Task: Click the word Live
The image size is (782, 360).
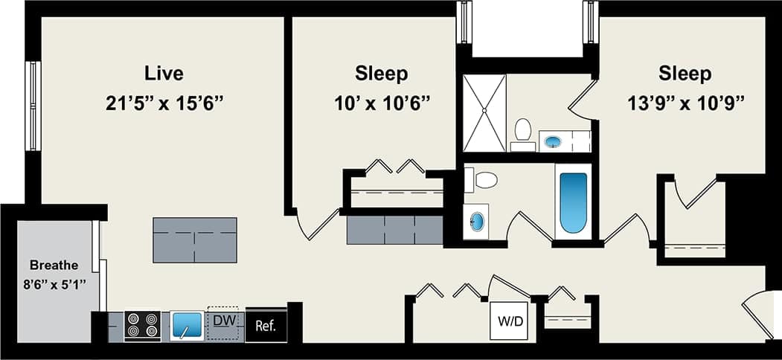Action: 164,74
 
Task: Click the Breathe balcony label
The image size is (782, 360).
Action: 54,265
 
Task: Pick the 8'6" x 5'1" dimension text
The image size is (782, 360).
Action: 54,283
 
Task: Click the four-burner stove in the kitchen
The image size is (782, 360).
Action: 142,325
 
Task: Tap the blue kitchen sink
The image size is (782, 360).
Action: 187,325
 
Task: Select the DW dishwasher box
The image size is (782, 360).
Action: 222,323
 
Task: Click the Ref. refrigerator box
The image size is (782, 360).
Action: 266,325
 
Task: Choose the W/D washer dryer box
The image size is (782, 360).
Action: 509,323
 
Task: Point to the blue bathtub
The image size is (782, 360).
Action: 573,202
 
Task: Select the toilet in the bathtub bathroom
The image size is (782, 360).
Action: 486,179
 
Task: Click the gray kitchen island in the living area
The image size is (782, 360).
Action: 195,240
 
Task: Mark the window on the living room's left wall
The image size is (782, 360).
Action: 33,106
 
